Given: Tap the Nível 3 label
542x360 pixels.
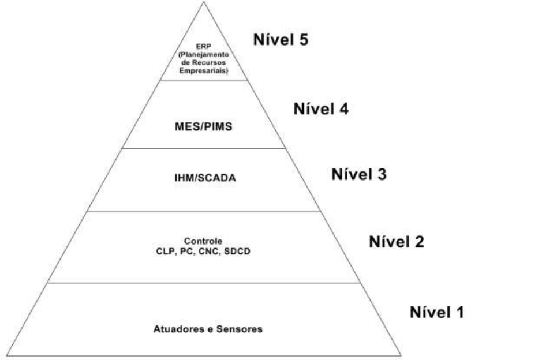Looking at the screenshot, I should (x=359, y=174).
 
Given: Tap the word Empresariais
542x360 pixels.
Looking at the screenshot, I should (x=204, y=72).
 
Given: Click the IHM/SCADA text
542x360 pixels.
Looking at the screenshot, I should (x=204, y=178).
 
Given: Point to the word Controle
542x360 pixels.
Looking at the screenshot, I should (x=203, y=241).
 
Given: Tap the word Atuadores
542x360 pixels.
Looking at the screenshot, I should (x=174, y=329).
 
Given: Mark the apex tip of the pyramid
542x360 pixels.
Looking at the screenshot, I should (x=204, y=2).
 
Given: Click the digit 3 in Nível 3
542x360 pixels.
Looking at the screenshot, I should (x=381, y=174).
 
